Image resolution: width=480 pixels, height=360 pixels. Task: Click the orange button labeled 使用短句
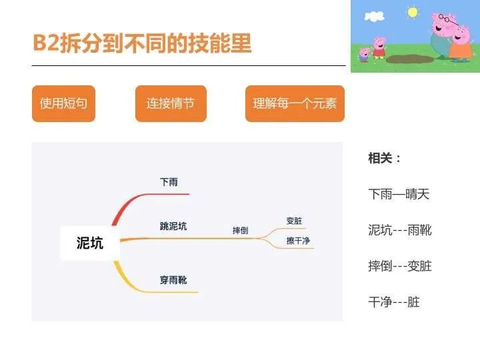(x=64, y=103)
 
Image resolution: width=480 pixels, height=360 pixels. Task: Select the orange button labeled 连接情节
(x=171, y=103)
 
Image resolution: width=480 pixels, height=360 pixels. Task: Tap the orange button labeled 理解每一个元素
(x=295, y=103)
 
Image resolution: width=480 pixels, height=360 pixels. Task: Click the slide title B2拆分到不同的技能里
(x=143, y=43)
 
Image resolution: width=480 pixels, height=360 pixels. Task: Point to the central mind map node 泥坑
(x=90, y=243)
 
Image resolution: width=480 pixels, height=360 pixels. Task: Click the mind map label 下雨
(x=169, y=182)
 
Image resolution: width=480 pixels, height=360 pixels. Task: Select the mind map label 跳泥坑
(x=173, y=226)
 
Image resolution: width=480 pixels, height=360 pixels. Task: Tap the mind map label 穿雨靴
(x=173, y=280)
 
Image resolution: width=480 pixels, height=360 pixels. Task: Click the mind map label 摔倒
(x=240, y=230)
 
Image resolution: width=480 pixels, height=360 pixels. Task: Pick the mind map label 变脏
(x=294, y=221)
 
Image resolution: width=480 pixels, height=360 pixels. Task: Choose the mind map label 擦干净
(x=298, y=241)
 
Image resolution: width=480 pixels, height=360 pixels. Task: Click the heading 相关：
(x=385, y=158)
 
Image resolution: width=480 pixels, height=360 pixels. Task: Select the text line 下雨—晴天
(x=399, y=194)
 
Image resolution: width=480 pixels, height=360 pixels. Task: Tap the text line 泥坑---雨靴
(x=400, y=230)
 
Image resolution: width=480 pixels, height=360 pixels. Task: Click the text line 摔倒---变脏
(x=400, y=266)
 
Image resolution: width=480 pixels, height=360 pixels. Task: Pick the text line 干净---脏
(x=394, y=302)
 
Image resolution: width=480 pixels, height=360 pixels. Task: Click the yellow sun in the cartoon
(x=413, y=13)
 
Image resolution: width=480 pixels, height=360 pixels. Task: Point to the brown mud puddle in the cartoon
(x=409, y=59)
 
